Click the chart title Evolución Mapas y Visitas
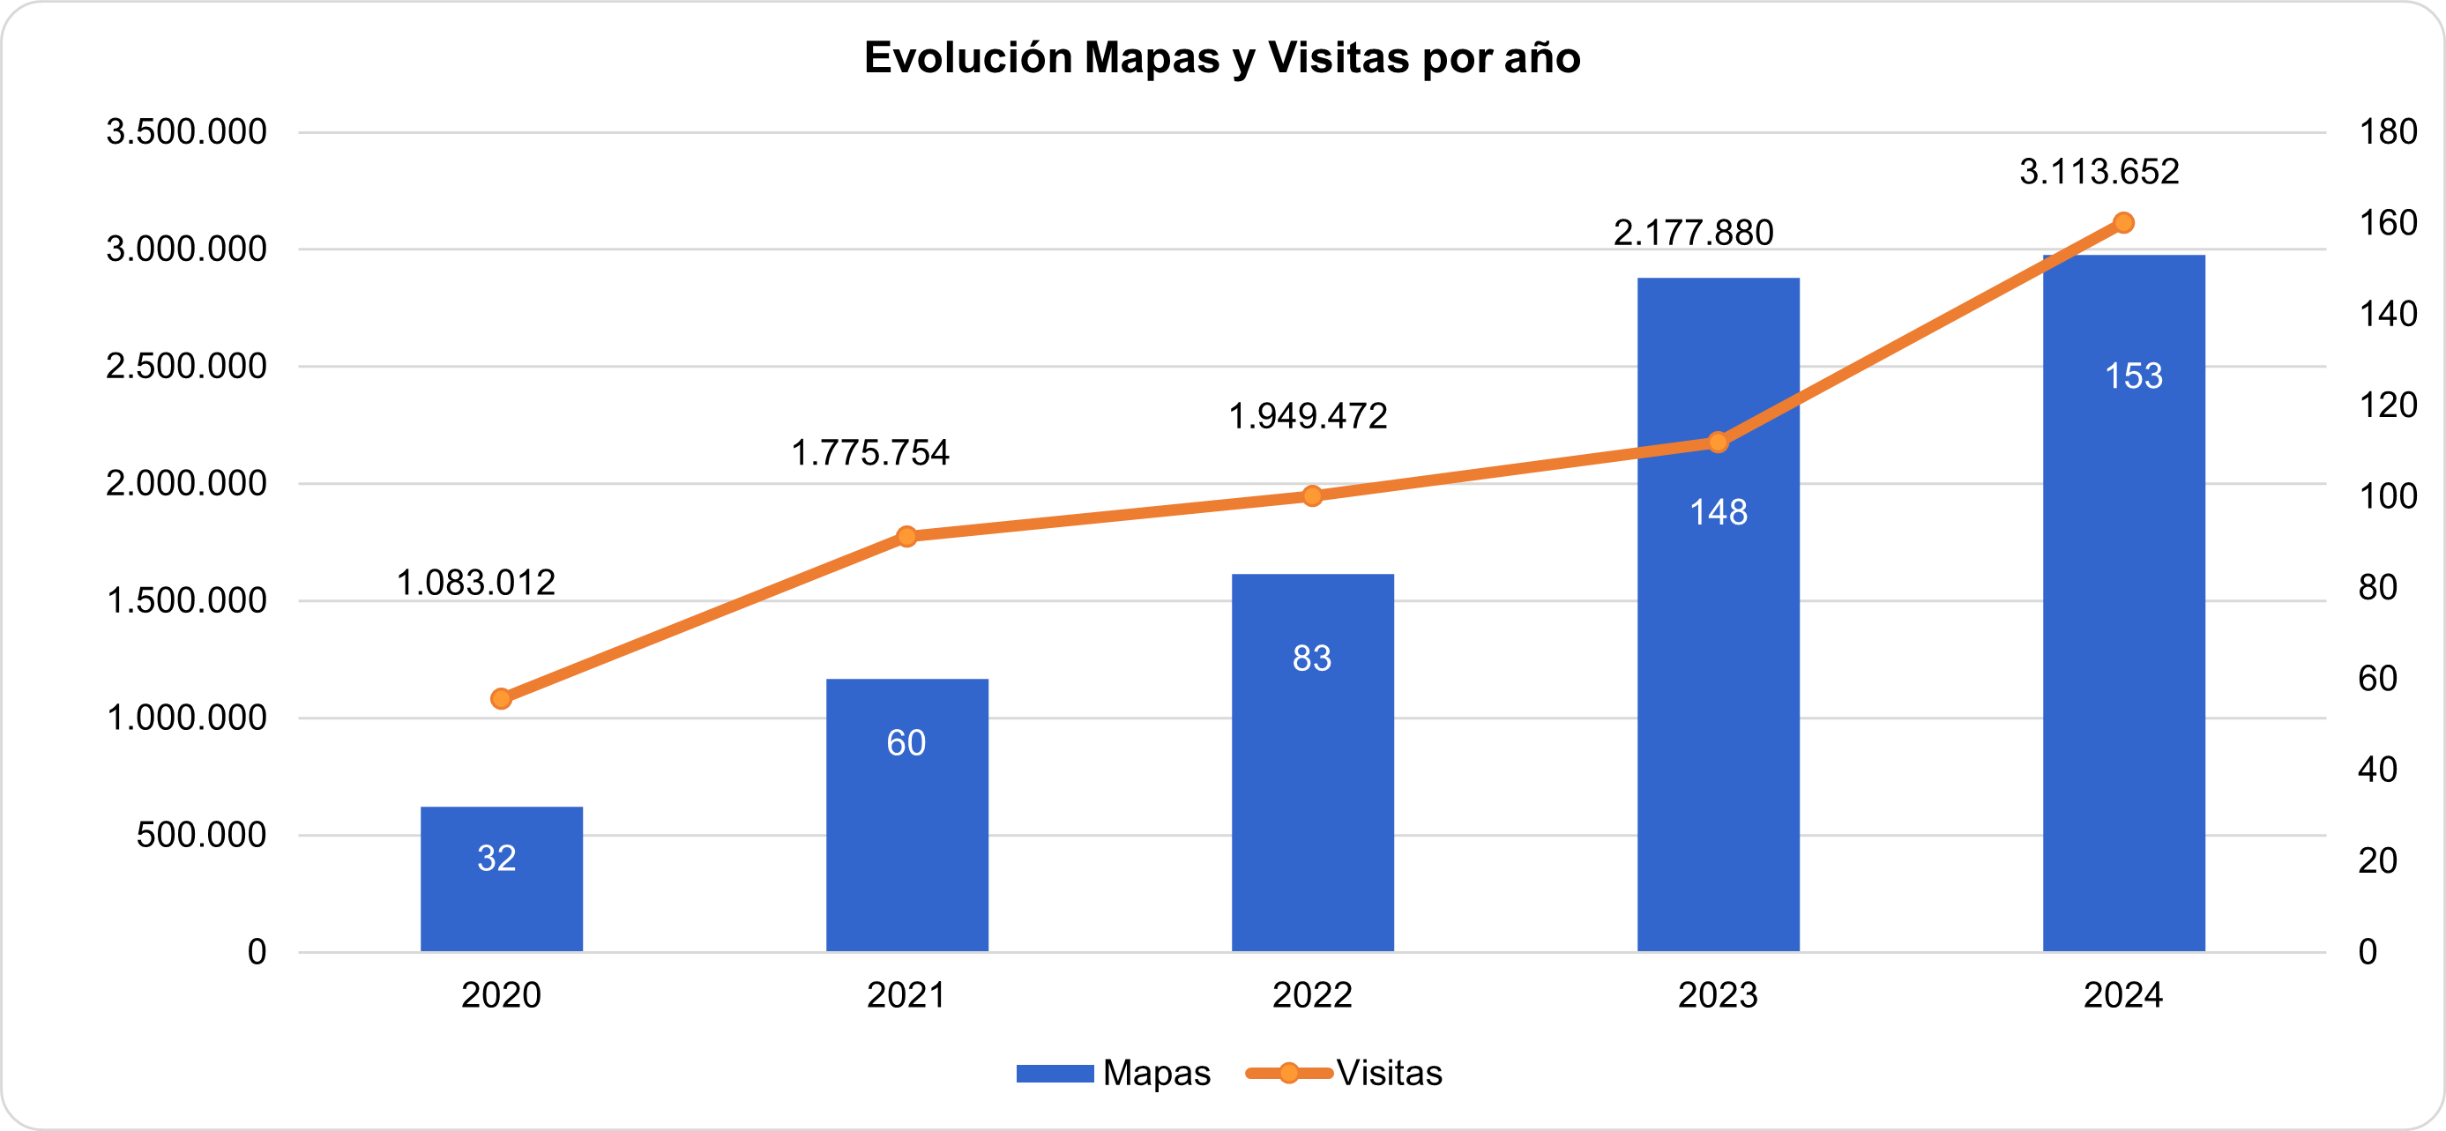click(x=1222, y=58)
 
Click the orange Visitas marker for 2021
click(x=906, y=537)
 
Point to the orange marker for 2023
click(x=1718, y=443)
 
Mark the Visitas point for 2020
click(x=502, y=699)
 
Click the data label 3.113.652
click(x=2099, y=172)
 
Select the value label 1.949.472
click(x=1308, y=416)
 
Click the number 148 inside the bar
click(x=1718, y=513)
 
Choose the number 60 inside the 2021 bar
click(x=906, y=742)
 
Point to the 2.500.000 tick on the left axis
click(x=186, y=367)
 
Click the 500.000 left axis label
click(x=201, y=836)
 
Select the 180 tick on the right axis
click(x=2387, y=132)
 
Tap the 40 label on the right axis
click(x=2376, y=770)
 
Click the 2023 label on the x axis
click(x=1718, y=995)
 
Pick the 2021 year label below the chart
click(x=906, y=995)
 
